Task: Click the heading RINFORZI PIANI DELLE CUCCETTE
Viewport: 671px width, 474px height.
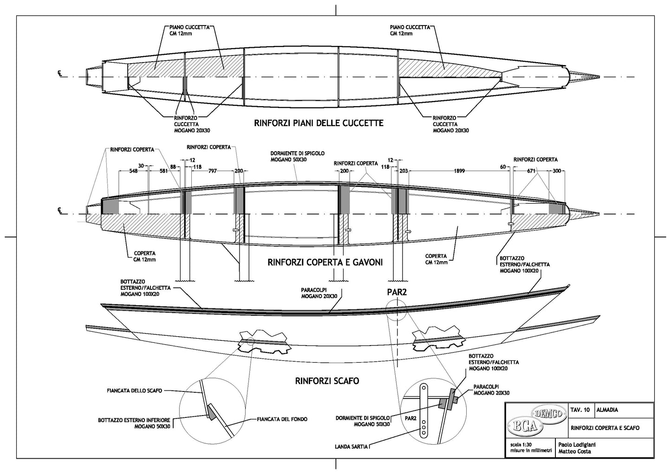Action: [319, 123]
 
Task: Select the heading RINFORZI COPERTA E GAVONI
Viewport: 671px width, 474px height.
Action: [325, 262]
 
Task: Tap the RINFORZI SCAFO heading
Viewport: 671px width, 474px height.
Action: [327, 381]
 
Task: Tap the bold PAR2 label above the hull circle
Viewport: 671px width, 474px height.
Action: [397, 293]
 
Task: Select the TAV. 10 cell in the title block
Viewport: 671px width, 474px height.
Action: [580, 410]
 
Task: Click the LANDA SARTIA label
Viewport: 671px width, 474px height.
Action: [352, 447]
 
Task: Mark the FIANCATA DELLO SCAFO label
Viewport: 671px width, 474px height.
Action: [131, 391]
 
